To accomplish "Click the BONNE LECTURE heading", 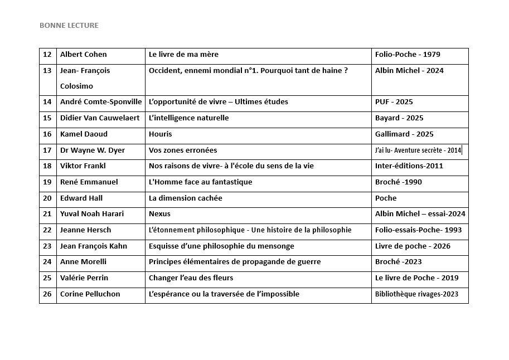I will (69, 25).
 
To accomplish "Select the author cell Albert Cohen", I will (83, 55).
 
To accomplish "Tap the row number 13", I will (47, 71).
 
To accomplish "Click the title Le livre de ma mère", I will (183, 55).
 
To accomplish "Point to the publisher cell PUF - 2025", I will (394, 102).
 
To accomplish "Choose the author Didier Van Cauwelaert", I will (100, 118).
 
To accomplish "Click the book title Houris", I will (161, 134).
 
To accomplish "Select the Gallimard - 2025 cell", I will (404, 134).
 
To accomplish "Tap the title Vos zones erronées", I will (183, 150).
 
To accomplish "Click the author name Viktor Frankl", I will (83, 166).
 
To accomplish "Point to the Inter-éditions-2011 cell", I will (409, 166).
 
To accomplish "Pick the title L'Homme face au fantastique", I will (200, 182).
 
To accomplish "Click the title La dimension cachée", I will (185, 198).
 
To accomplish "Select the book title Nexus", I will (159, 214).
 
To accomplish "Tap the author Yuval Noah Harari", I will (92, 214).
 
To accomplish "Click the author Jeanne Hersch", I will (85, 230).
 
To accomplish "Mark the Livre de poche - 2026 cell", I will (413, 246).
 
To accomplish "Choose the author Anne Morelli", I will (83, 262).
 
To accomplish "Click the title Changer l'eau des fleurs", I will (191, 278).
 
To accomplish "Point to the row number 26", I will (47, 294).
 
